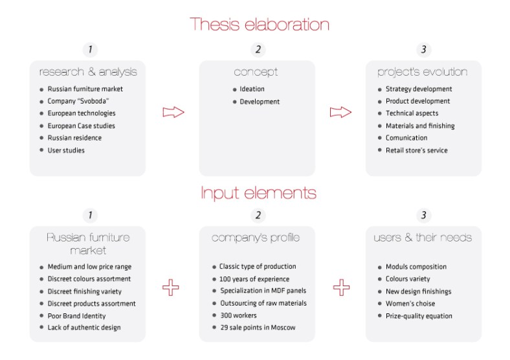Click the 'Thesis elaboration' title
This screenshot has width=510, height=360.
(260, 25)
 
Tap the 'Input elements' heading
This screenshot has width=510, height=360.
(258, 193)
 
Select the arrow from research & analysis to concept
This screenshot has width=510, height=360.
(173, 112)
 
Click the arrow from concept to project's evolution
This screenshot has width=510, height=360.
(340, 112)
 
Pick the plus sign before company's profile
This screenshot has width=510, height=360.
(171, 287)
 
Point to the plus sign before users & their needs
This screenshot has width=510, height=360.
(341, 287)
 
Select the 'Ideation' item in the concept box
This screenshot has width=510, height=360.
(252, 89)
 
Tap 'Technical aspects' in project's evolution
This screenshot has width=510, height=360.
(412, 113)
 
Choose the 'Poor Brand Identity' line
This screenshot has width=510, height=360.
(76, 316)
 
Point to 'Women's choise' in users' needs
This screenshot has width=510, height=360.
(410, 304)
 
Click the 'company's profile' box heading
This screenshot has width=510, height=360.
(256, 238)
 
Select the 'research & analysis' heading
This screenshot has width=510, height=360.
(88, 71)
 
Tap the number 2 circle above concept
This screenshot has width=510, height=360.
(258, 49)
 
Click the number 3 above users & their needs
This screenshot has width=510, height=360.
(424, 215)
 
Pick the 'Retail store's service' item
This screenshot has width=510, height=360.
(416, 150)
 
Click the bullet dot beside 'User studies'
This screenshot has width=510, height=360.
(41, 151)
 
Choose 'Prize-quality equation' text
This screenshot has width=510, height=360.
(419, 316)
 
